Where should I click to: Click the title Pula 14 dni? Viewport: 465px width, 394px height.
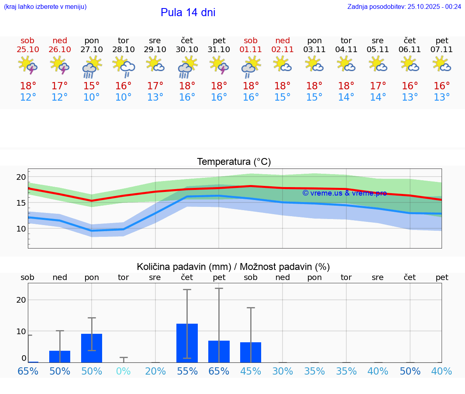pos(188,13)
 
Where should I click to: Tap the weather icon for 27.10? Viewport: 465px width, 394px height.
pos(92,67)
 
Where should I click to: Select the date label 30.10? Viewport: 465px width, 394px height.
pos(187,49)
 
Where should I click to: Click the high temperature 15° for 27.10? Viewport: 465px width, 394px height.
pos(92,86)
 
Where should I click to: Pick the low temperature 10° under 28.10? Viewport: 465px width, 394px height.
pos(124,97)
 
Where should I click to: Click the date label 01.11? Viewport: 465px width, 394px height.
pos(251,49)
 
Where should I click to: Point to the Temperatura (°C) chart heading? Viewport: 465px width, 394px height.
pos(234,162)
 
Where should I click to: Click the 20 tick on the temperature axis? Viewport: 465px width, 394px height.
pos(21,177)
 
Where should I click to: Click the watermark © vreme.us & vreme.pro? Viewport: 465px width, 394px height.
pos(344,193)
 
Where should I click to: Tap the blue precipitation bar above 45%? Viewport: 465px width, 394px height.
pos(251,352)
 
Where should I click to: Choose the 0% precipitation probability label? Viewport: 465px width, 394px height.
pos(124,371)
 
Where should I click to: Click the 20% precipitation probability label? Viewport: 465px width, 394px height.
pos(155,371)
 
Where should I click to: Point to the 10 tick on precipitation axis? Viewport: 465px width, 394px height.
pos(21,331)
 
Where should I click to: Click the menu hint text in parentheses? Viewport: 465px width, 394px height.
pos(45,6)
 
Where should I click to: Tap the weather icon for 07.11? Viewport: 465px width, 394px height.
pos(442,64)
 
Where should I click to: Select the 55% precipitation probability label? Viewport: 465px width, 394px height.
pos(187,371)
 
